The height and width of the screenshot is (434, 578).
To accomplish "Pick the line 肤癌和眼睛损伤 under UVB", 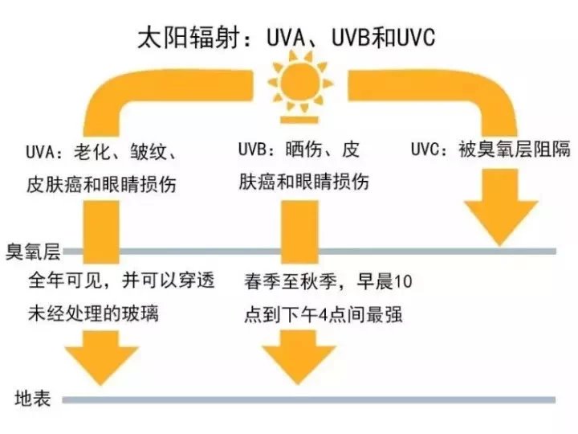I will tap(304, 181).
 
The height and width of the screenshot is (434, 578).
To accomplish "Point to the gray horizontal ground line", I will tap(321, 399).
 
